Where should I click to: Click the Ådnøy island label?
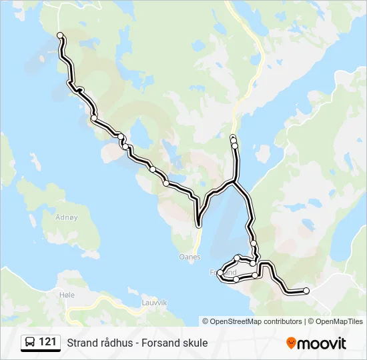(x=67, y=217)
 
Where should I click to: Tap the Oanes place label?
(x=190, y=256)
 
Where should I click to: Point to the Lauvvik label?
(x=154, y=301)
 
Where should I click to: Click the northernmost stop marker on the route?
(x=61, y=35)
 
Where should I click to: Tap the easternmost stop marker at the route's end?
(x=306, y=290)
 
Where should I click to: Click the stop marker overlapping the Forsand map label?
(x=220, y=273)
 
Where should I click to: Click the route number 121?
(x=47, y=343)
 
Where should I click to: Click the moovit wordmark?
(x=322, y=343)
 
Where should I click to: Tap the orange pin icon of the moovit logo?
(x=291, y=343)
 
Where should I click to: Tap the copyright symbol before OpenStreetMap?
(x=206, y=321)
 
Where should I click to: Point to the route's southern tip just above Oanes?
(x=198, y=225)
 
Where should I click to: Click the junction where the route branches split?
(x=234, y=181)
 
